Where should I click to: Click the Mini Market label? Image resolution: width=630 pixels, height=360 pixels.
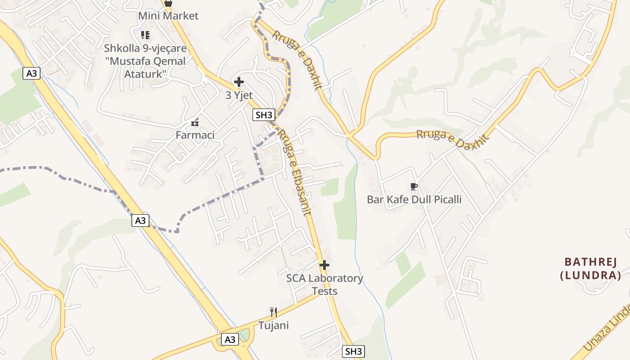[168, 16]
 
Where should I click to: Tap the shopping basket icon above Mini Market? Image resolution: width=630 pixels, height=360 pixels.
[168, 3]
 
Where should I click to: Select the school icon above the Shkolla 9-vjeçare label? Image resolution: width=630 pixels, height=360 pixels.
[145, 35]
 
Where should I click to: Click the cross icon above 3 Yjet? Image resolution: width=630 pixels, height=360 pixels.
[239, 82]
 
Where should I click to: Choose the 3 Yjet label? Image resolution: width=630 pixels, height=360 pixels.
[239, 95]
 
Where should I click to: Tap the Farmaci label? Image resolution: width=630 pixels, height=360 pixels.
[195, 135]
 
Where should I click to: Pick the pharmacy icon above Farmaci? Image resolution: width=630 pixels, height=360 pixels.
[195, 122]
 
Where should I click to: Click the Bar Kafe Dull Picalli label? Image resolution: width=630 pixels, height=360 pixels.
[414, 199]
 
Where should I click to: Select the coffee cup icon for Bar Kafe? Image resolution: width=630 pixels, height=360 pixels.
[414, 186]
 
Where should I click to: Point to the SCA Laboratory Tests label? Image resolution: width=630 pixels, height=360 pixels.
[324, 284]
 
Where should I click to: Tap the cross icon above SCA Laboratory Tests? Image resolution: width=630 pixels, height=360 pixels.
[324, 265]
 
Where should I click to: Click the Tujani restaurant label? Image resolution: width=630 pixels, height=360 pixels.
[273, 325]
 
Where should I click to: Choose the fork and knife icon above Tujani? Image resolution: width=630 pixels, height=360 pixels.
[273, 311]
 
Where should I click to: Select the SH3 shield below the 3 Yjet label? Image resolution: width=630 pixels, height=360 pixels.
[264, 115]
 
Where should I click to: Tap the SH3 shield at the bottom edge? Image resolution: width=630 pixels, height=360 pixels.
[353, 351]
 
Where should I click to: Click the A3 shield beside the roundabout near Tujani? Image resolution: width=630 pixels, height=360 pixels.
[229, 339]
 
